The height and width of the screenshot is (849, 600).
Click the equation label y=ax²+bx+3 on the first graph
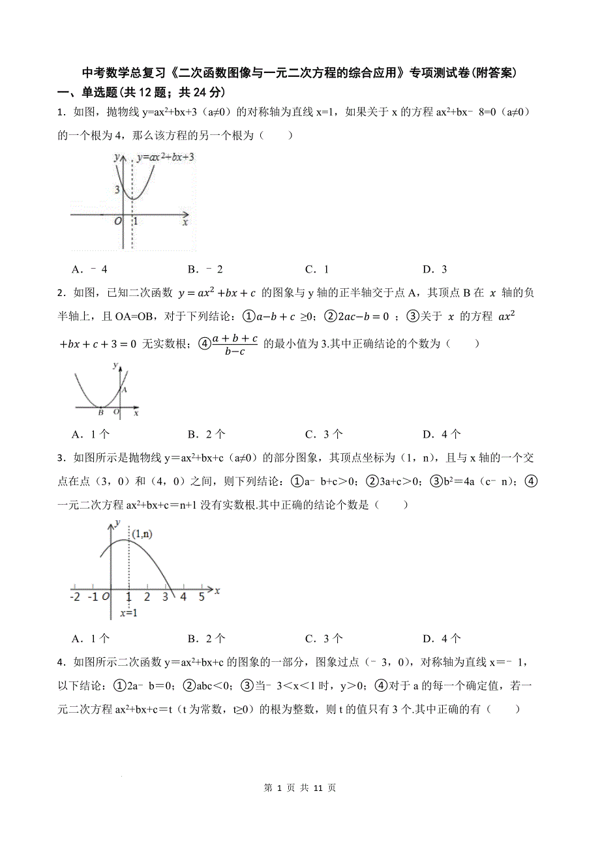tap(166, 157)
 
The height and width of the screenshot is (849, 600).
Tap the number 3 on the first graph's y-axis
tap(117, 190)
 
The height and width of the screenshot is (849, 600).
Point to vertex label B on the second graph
tap(100, 412)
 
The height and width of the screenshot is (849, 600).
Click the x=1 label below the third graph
tap(128, 613)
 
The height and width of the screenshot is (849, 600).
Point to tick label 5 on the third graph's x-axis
tap(202, 597)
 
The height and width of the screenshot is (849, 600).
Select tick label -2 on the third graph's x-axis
tap(75, 597)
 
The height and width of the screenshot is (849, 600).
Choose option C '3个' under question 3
tap(323, 638)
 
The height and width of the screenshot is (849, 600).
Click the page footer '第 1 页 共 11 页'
tap(300, 788)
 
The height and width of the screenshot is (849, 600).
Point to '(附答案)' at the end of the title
tap(495, 73)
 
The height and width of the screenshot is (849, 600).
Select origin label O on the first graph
tap(118, 221)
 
